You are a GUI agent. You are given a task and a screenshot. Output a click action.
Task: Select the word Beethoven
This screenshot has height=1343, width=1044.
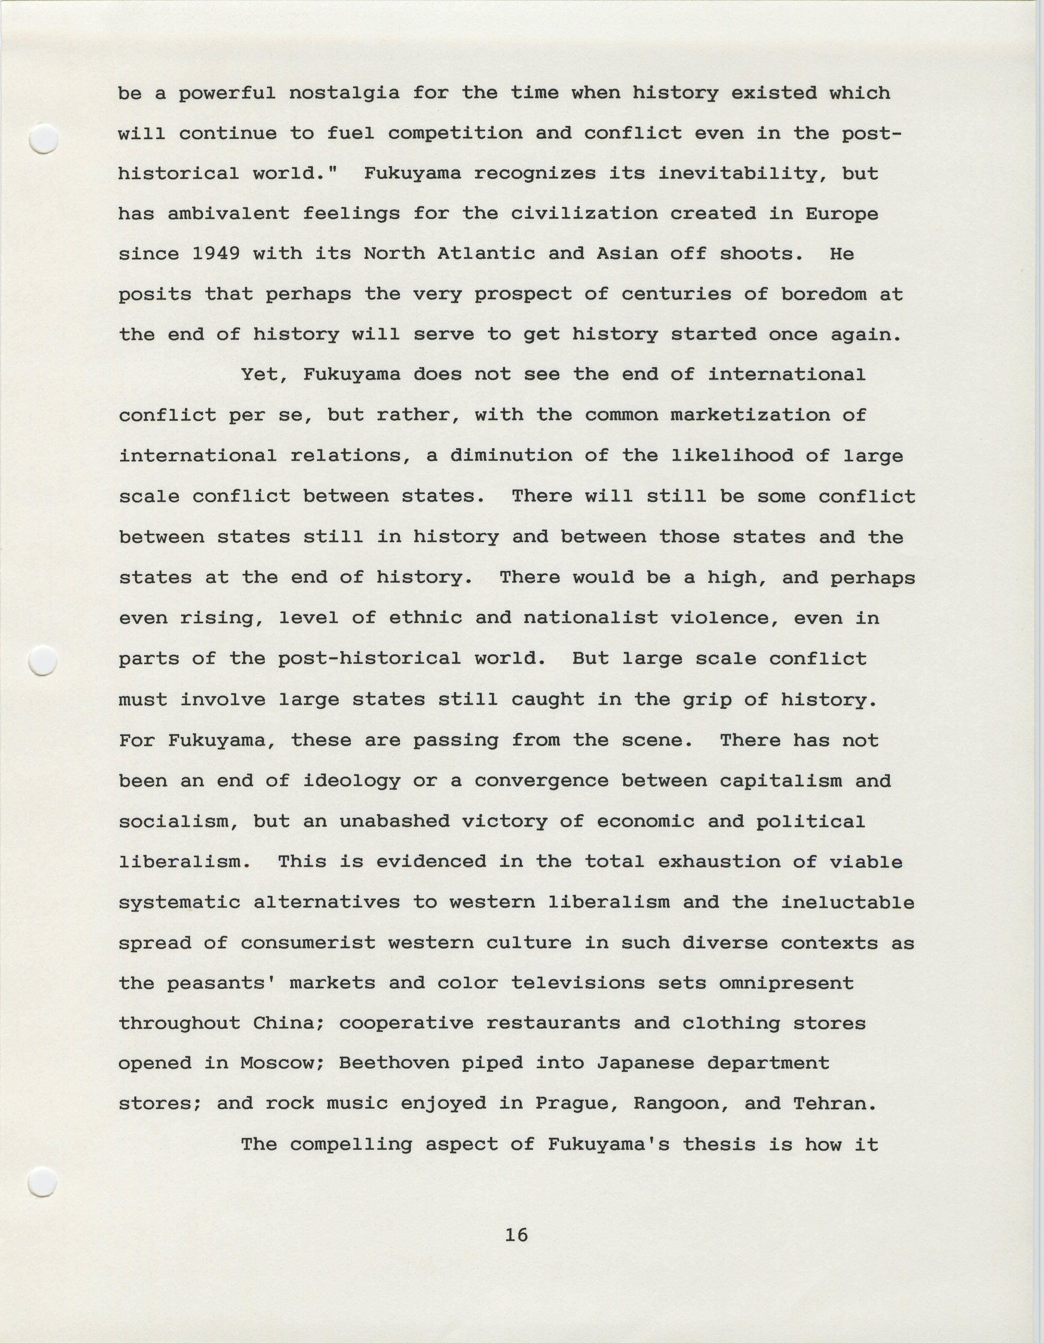[x=394, y=1063]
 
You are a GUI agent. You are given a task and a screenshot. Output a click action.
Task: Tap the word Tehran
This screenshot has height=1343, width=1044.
[x=834, y=1104]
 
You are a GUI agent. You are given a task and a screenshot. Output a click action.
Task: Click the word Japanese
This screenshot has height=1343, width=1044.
[x=646, y=1063]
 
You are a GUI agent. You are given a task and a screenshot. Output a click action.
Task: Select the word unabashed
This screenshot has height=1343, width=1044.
[x=394, y=821]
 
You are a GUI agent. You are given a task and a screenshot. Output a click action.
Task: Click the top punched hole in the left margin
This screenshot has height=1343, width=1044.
[x=43, y=139]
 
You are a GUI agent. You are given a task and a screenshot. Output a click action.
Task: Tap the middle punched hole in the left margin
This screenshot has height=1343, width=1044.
[x=43, y=661]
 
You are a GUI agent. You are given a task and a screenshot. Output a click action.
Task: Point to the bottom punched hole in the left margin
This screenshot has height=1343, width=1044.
[x=43, y=1181]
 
